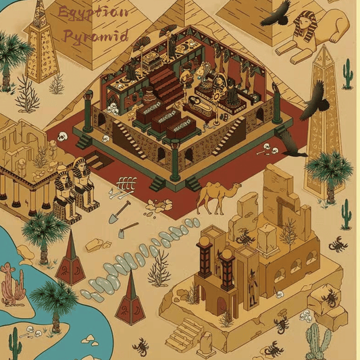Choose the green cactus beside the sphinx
point(346,74)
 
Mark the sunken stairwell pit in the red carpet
point(94,163)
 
